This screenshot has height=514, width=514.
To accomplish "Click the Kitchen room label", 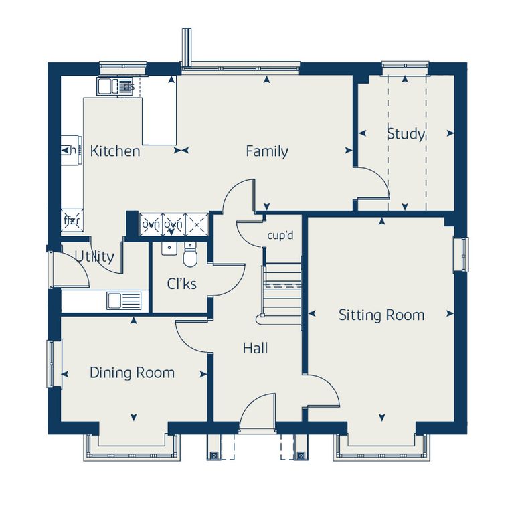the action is click(x=115, y=151).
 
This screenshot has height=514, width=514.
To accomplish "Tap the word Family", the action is click(x=267, y=151).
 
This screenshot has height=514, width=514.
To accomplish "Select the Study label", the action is click(x=406, y=134).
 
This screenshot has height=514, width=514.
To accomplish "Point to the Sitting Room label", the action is click(x=381, y=315).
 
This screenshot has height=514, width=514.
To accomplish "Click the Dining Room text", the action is click(x=132, y=373).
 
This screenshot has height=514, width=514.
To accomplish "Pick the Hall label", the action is click(x=256, y=348).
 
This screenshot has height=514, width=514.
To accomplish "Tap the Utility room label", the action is click(x=94, y=256).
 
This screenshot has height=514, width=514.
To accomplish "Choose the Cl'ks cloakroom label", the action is click(x=181, y=284).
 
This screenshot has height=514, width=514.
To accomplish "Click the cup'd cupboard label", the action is click(x=280, y=236).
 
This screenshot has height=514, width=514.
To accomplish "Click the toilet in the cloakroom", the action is click(x=190, y=254).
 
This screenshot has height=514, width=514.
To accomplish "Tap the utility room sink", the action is click(x=124, y=301).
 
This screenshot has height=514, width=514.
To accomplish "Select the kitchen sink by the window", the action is click(x=115, y=86).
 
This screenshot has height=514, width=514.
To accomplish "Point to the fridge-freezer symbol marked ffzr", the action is click(x=72, y=220).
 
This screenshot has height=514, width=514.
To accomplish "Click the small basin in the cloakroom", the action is click(x=169, y=248).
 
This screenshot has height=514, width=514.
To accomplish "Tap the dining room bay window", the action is click(x=132, y=448).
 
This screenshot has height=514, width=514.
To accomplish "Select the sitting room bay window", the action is click(x=382, y=448).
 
